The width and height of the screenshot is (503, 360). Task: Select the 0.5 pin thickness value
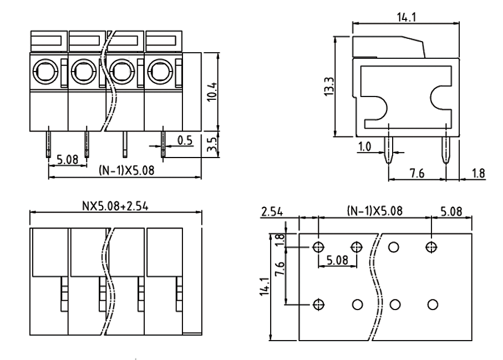point(185,140)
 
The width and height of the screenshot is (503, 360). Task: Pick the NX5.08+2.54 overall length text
point(115,206)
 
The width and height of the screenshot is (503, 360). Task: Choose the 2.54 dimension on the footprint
point(272,211)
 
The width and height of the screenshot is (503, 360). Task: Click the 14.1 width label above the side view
point(405,17)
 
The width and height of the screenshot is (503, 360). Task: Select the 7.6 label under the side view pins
point(416,173)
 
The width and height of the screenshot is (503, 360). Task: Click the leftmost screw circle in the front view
point(44,71)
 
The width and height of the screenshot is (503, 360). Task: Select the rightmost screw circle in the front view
point(159,71)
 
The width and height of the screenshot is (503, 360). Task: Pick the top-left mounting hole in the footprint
point(318,247)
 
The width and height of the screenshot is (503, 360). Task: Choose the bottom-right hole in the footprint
point(433,304)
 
